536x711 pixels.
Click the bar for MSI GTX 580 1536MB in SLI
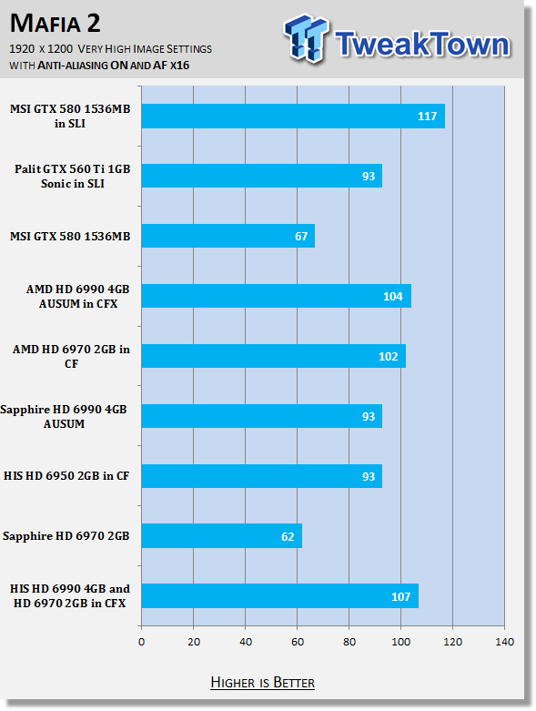coord(293,117)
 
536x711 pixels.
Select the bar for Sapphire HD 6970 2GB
coord(222,536)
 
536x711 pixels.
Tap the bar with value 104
coord(277,296)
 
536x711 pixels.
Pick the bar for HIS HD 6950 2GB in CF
coord(262,476)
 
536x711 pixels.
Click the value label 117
coord(427,117)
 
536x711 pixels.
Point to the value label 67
coord(301,237)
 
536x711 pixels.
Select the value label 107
coord(401,596)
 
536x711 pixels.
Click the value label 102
coord(389,357)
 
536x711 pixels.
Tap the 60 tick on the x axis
coord(298,642)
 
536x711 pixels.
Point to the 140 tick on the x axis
coord(505,642)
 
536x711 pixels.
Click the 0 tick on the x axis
coord(142,642)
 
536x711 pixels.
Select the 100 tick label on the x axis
coord(401,642)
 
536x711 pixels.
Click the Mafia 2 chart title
coord(56,23)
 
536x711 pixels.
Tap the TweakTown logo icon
coord(306,38)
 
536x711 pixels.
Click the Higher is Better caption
coord(262,683)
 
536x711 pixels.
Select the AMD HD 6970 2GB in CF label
coord(71,356)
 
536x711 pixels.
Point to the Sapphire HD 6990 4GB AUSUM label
coord(64,416)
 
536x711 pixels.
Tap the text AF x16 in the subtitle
coord(171,66)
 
